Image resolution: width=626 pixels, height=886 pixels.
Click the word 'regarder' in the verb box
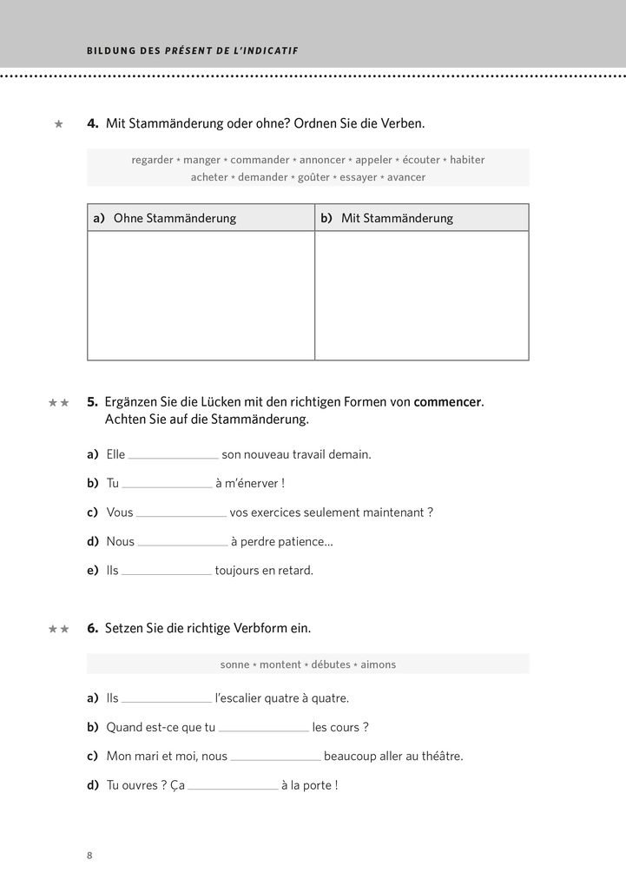pos(152,160)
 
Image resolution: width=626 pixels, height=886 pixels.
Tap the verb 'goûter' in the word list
pos(313,177)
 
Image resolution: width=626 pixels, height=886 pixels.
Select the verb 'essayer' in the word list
pos(359,177)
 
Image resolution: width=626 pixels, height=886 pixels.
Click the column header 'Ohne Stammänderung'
pos(175,218)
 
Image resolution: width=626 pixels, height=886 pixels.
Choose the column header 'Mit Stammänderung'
pos(397,218)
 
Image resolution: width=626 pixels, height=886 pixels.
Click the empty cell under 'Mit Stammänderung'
pos(421,295)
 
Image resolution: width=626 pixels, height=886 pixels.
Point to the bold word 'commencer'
pos(447,402)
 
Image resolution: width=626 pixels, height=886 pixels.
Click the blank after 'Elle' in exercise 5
pos(173,454)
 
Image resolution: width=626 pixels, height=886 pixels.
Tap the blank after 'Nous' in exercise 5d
pos(182,542)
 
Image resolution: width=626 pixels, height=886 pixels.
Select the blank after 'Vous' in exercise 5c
pos(181,512)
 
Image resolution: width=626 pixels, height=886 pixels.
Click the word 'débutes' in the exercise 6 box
pos(330,664)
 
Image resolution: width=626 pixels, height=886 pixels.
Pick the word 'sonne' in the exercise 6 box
pos(234,664)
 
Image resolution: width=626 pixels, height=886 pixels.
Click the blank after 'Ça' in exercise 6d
pos(233,786)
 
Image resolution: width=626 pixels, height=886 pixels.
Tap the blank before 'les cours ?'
pos(263,728)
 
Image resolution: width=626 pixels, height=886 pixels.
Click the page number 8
pos(89,856)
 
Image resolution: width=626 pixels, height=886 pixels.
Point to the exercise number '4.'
pos(93,123)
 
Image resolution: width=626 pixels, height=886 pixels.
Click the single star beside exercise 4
pos(59,124)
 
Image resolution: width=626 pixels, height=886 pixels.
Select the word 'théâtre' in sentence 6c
pos(439,757)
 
